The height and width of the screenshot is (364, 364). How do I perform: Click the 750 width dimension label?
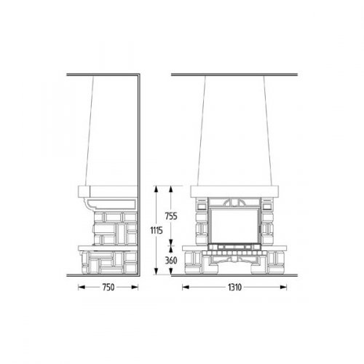coord(108,288)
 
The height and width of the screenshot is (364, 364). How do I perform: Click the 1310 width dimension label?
coord(234,288)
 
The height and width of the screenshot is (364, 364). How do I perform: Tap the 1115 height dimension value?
coord(157,230)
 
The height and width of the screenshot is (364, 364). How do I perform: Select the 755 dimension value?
coord(171,216)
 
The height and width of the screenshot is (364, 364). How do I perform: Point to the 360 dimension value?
coord(171,261)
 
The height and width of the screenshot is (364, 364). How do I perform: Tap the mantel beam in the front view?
coord(234,191)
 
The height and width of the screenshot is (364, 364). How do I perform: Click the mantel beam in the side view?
coord(108,191)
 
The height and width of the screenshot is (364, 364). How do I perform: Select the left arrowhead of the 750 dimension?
coord(82,288)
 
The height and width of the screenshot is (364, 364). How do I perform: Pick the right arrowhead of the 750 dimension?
coord(135,288)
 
